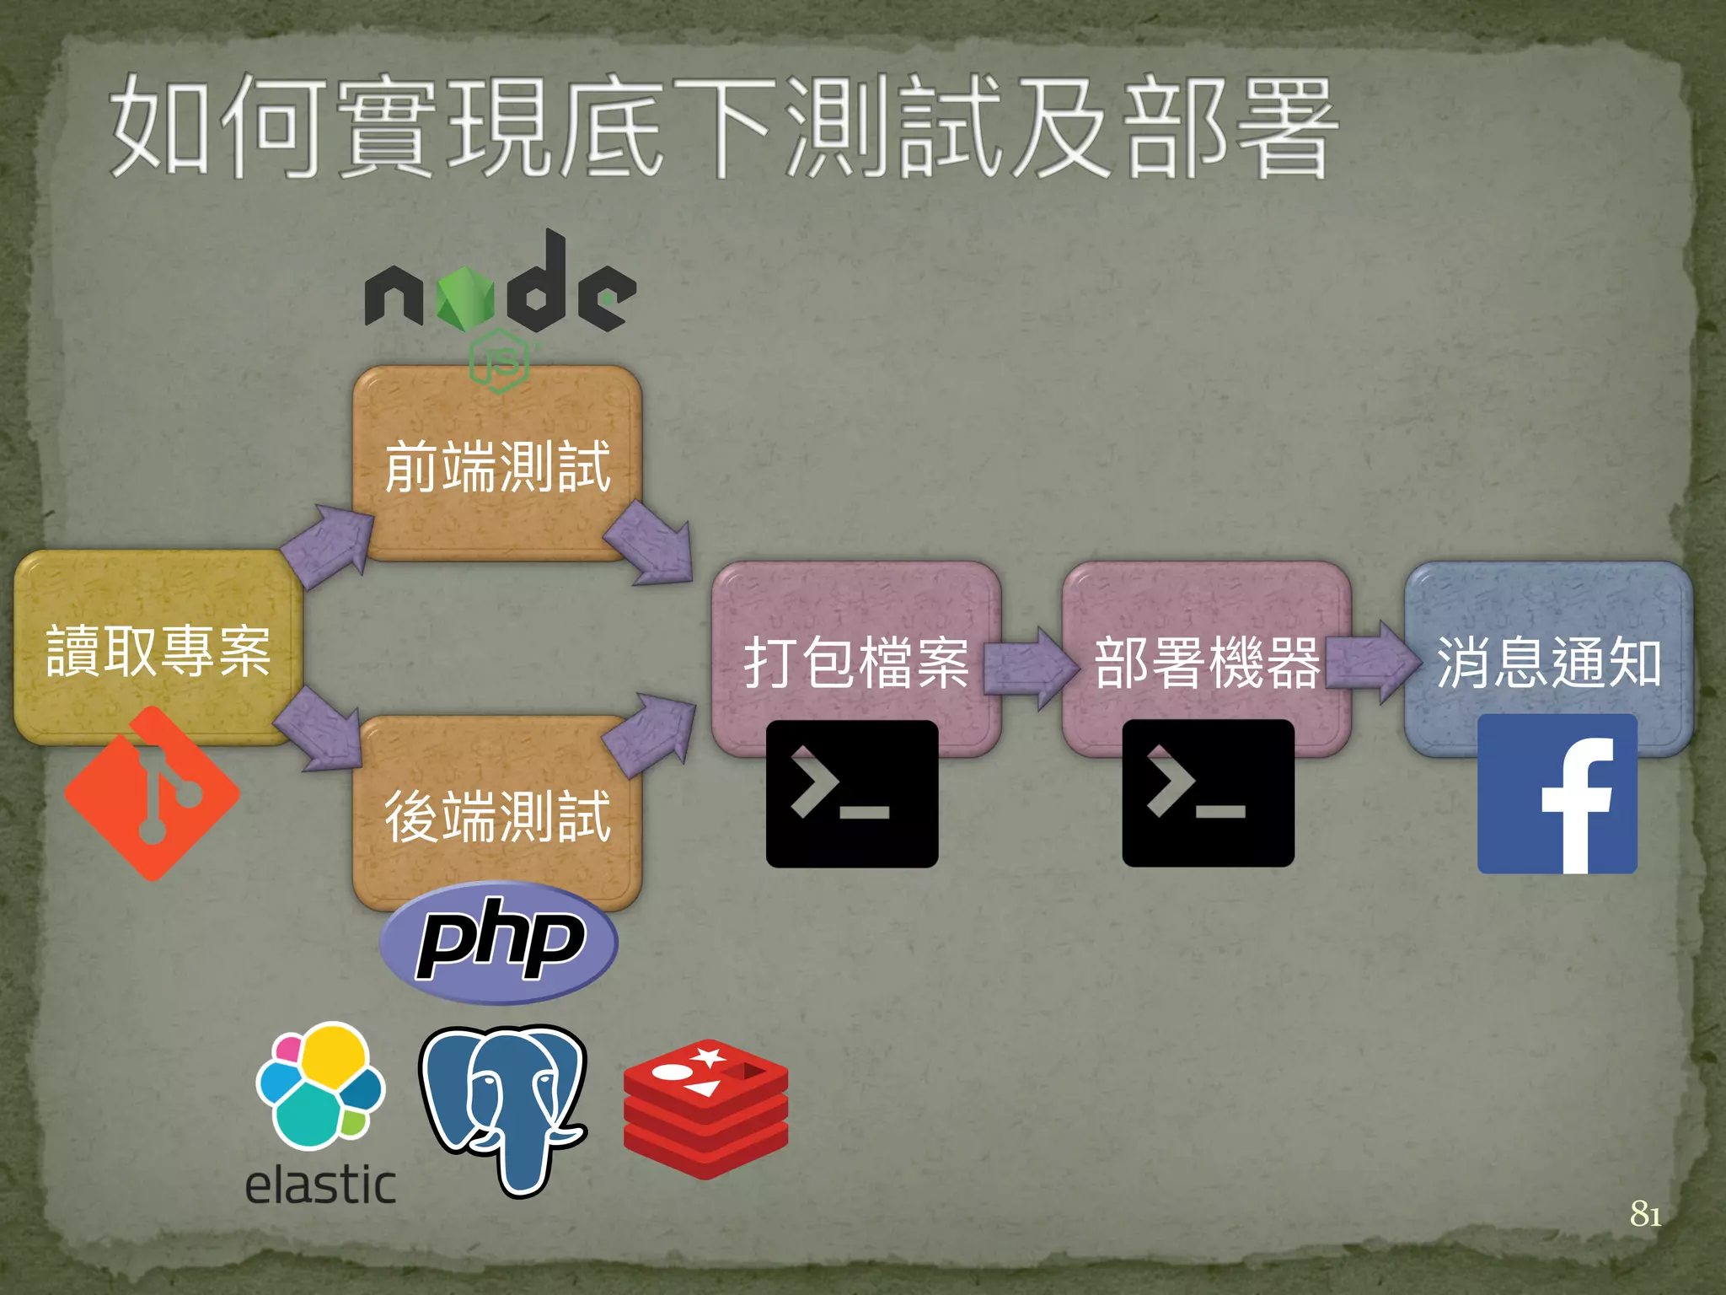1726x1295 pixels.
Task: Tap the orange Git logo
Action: pos(153,793)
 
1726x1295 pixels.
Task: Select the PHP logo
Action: pos(499,942)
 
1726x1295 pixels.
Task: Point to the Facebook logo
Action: pos(1557,793)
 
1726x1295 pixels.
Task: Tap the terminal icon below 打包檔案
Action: pos(851,793)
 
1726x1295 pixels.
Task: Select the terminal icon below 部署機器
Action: pos(1208,793)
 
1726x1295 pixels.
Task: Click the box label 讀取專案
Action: pos(158,651)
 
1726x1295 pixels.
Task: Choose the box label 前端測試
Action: pos(497,466)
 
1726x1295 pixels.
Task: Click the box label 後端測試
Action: pos(497,816)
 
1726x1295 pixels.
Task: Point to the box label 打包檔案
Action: pos(855,663)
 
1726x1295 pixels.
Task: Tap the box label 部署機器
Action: pos(1206,663)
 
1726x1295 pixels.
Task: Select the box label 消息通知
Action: pos(1548,663)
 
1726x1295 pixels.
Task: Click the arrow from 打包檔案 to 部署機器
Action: pos(1030,666)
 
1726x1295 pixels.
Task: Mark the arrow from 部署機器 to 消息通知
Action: pos(1374,663)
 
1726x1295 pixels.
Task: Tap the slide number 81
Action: pos(1645,1214)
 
